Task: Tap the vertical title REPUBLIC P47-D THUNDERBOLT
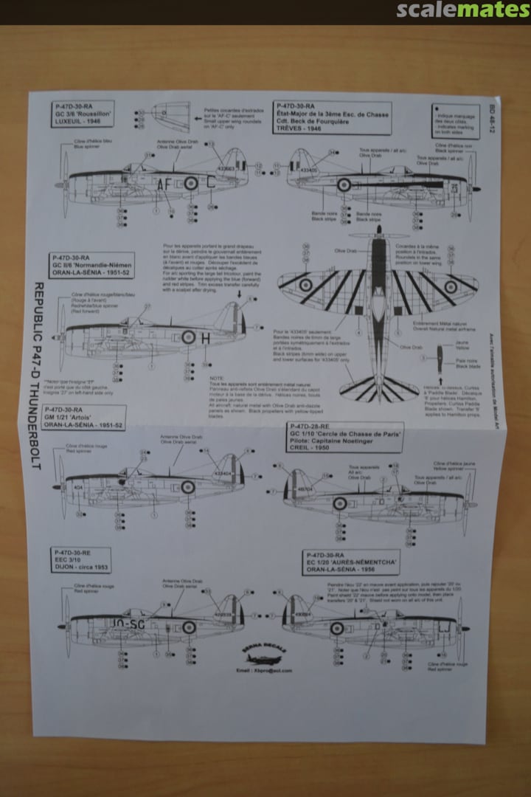(38, 376)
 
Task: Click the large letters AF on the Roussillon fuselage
(163, 184)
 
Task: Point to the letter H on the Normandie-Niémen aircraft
(206, 338)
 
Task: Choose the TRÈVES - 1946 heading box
(331, 117)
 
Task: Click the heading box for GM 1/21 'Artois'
(83, 418)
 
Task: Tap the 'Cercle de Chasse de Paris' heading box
(347, 441)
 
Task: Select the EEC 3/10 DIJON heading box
(80, 560)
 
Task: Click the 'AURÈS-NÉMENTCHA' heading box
(350, 562)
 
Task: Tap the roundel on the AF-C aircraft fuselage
(191, 182)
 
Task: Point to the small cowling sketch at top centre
(171, 117)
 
